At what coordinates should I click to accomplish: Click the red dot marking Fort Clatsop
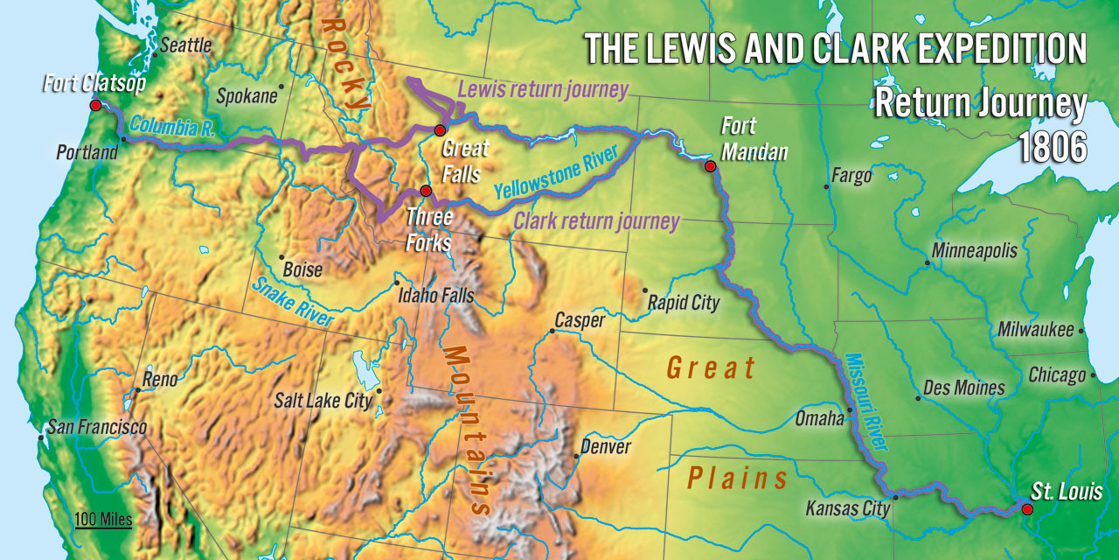click(95, 105)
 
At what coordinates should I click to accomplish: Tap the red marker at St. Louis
click(1027, 509)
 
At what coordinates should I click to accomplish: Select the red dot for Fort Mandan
click(710, 166)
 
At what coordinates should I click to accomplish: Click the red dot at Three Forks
click(426, 191)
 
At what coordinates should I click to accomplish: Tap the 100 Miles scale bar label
click(103, 520)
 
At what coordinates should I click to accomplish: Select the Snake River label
click(293, 303)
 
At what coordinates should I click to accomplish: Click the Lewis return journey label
click(543, 90)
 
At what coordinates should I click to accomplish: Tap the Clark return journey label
click(596, 221)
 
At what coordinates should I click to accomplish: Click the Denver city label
click(606, 447)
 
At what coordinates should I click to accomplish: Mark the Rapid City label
click(684, 303)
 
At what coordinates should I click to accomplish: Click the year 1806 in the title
click(1053, 147)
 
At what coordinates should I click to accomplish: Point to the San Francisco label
click(97, 428)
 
